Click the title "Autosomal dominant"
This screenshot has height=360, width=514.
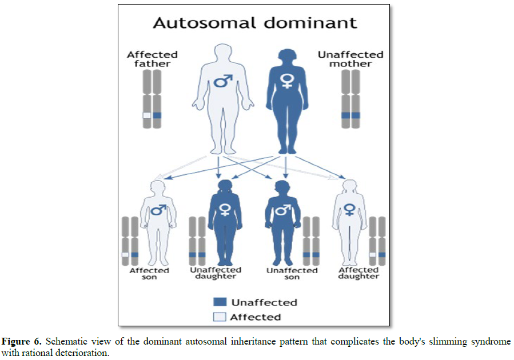tap(254, 23)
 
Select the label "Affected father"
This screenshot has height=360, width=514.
tap(152, 59)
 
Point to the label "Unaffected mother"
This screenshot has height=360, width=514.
tap(350, 59)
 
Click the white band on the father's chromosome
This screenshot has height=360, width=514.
tap(147, 115)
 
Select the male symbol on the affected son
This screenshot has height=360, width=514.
tap(158, 210)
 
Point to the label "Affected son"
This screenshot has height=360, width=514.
tap(149, 273)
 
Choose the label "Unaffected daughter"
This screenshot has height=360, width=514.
tap(215, 273)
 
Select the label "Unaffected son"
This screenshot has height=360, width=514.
tap(292, 273)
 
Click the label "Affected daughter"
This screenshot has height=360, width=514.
tap(358, 273)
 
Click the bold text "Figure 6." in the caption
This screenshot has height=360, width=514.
tap(22, 341)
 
